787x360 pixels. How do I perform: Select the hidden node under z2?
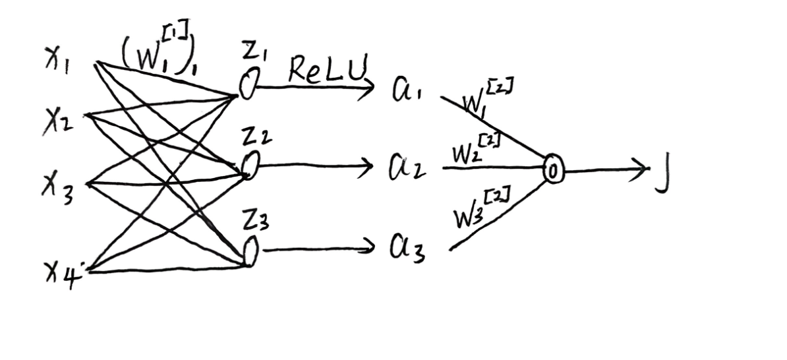(x=250, y=165)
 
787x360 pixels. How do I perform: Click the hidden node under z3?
(x=250, y=253)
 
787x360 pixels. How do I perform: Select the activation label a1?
(x=406, y=90)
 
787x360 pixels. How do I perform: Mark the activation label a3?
(x=406, y=250)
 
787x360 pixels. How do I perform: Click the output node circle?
(x=553, y=171)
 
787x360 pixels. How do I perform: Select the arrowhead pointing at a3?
(x=367, y=248)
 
